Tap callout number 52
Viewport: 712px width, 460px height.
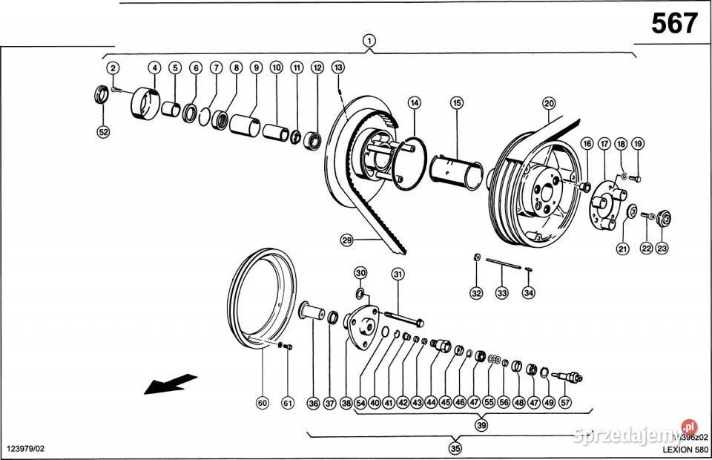pyautogui.click(x=104, y=132)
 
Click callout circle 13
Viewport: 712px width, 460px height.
pyautogui.click(x=337, y=68)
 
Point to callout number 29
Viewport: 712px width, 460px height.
pyautogui.click(x=346, y=240)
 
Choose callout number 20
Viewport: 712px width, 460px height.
pyautogui.click(x=548, y=103)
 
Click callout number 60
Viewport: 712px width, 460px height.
pyautogui.click(x=262, y=403)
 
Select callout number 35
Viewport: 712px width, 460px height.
pyautogui.click(x=455, y=447)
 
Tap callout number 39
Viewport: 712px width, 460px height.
pyautogui.click(x=481, y=426)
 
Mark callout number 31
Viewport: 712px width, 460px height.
pyautogui.click(x=398, y=275)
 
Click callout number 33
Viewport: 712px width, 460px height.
pyautogui.click(x=502, y=293)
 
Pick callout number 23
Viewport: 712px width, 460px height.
pyautogui.click(x=662, y=249)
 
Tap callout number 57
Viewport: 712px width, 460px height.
pyautogui.click(x=566, y=403)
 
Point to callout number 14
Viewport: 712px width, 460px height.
pyautogui.click(x=414, y=102)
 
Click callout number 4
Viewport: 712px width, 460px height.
pyautogui.click(x=154, y=68)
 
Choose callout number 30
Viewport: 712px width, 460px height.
pyautogui.click(x=360, y=273)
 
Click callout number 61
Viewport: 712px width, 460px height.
pyautogui.click(x=288, y=403)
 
